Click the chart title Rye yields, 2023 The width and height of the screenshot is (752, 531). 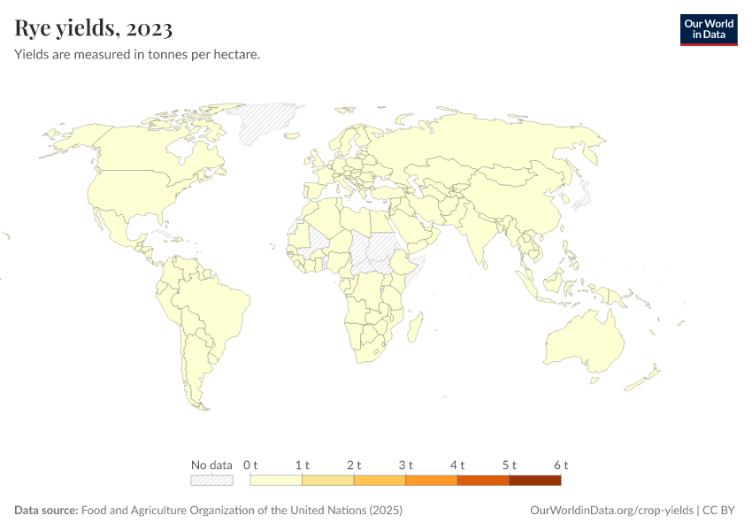pos(93,28)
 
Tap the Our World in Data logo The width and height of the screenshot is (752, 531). pos(708,29)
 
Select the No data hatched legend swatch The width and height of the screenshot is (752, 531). pos(211,481)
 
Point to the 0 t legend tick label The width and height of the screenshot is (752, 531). pos(250,465)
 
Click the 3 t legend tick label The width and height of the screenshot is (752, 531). pos(406,465)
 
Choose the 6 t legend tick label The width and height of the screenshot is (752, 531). pos(561,465)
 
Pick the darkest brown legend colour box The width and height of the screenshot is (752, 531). pos(535,481)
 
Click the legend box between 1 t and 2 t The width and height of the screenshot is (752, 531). pos(328,481)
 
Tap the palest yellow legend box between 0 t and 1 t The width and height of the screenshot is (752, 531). pos(276,481)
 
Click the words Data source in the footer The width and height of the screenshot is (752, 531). pos(46,511)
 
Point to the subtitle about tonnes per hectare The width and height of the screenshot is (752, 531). pos(136,55)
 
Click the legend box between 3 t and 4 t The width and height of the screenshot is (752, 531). pos(432,481)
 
